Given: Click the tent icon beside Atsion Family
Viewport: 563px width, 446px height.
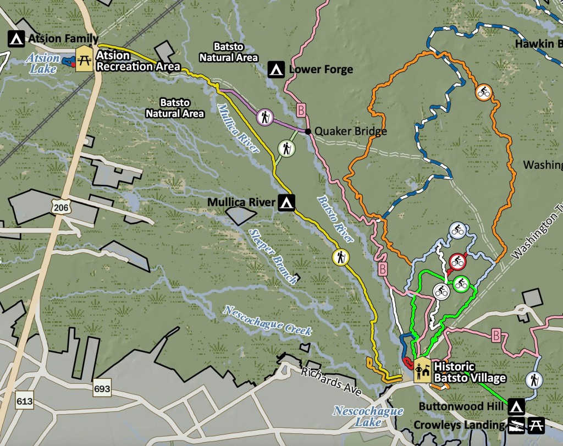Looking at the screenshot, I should [x=16, y=39].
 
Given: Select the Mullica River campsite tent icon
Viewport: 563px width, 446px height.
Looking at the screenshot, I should [x=285, y=202].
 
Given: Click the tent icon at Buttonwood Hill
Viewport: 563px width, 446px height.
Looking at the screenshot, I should [x=516, y=408].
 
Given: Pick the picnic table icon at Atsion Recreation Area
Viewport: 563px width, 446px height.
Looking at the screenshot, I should [x=84, y=58].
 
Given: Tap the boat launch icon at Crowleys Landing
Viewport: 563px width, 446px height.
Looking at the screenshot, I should [x=516, y=425].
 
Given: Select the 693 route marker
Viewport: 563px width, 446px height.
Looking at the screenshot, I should [x=102, y=389].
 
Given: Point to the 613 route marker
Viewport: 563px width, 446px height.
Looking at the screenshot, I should [x=25, y=401].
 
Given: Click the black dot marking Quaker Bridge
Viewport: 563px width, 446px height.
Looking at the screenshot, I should [x=308, y=131].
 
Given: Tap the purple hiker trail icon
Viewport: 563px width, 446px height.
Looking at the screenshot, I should [x=264, y=117].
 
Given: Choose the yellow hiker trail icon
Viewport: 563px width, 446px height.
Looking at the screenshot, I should [x=340, y=257].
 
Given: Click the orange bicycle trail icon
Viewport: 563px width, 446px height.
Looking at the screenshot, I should [x=483, y=92].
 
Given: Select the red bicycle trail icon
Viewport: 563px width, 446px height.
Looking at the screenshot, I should [x=457, y=262].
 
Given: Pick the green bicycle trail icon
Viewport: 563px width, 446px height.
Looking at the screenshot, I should [x=461, y=284].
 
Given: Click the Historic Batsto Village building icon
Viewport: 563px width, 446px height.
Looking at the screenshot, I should [x=422, y=370].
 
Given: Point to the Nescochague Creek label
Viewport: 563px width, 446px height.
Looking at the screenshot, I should [x=267, y=320].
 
